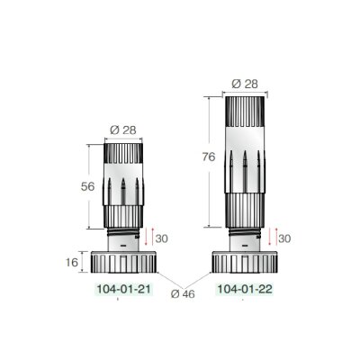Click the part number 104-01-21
123,292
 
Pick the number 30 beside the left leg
163,238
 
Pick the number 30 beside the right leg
283,238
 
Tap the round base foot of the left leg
123,263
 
